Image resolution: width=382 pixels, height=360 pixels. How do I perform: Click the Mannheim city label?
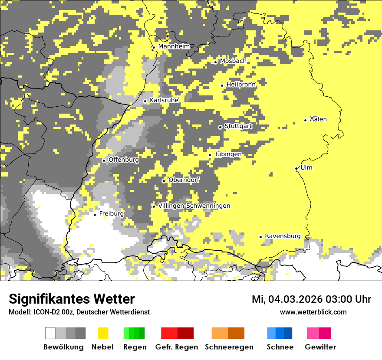pyautogui.click(x=174, y=46)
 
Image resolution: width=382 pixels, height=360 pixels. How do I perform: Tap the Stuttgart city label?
pyautogui.click(x=238, y=126)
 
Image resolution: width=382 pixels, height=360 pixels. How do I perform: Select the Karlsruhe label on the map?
pyautogui.click(x=164, y=100)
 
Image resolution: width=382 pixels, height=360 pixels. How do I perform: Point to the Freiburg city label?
pyautogui.click(x=111, y=214)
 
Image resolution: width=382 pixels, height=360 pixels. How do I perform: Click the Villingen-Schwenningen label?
pyautogui.click(x=194, y=206)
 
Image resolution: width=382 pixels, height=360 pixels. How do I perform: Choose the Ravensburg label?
pyautogui.click(x=282, y=236)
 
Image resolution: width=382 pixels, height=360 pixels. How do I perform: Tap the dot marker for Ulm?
pyautogui.click(x=296, y=168)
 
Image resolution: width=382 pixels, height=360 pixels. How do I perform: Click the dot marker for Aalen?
pyautogui.click(x=306, y=120)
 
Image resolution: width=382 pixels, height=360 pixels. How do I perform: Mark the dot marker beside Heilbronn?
pyautogui.click(x=222, y=85)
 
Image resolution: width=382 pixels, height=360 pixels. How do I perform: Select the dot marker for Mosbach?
pyautogui.click(x=215, y=62)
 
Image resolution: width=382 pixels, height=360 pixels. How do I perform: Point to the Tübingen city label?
pyautogui.click(x=227, y=154)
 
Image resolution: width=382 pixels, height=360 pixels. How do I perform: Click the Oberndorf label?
pyautogui.click(x=184, y=180)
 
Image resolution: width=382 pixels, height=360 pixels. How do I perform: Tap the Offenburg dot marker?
pyautogui.click(x=104, y=160)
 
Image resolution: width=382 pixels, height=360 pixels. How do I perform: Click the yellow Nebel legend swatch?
pyautogui.click(x=103, y=333)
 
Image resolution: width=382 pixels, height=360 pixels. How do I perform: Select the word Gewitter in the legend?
pyautogui.click(x=320, y=347)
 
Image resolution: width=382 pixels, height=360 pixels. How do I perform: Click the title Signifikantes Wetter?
pyautogui.click(x=72, y=299)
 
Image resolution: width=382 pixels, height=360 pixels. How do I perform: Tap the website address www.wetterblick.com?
pyautogui.click(x=313, y=312)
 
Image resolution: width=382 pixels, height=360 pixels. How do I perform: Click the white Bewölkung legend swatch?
pyautogui.click(x=50, y=333)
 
